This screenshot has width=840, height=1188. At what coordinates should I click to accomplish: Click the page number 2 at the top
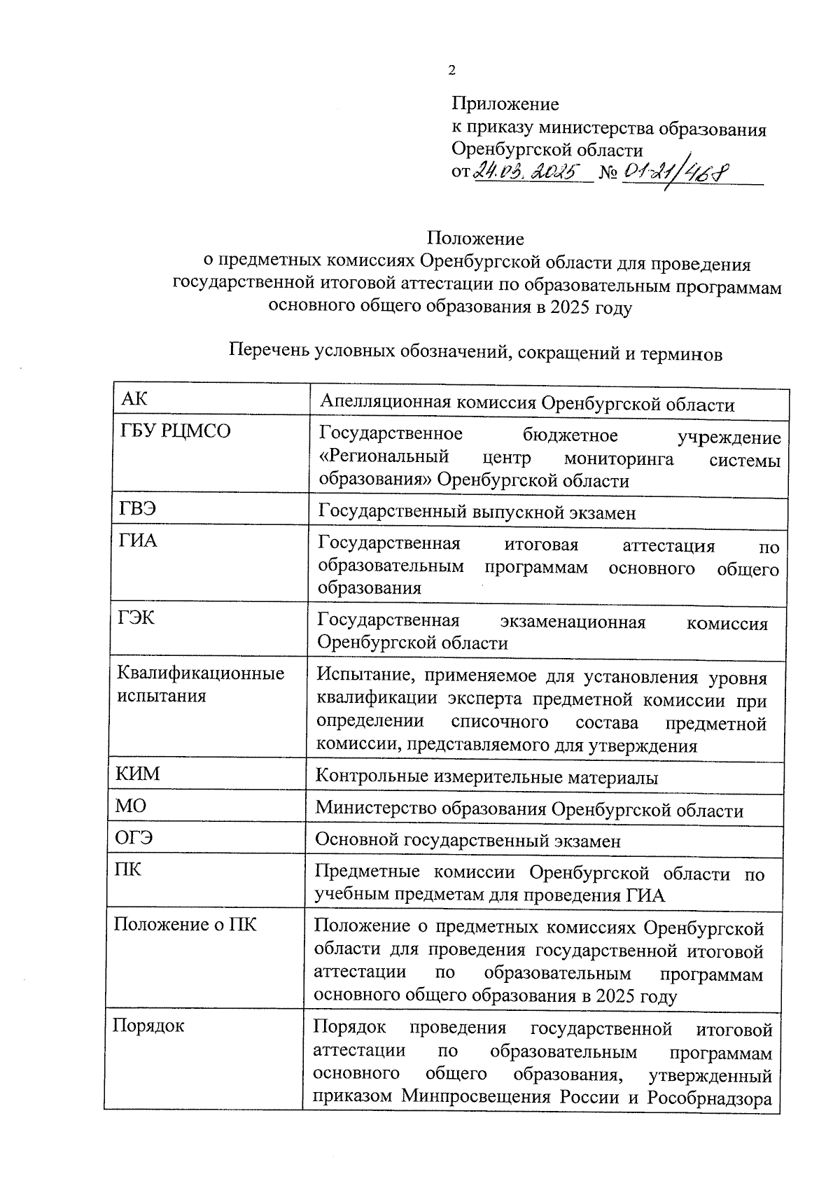pyautogui.click(x=451, y=70)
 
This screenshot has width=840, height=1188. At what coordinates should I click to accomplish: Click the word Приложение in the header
pyautogui.click(x=505, y=104)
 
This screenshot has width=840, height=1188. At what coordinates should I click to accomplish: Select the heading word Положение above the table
pyautogui.click(x=475, y=239)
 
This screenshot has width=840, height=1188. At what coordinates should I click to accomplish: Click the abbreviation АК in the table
pyautogui.click(x=134, y=400)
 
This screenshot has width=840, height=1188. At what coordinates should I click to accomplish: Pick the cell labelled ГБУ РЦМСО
pyautogui.click(x=176, y=431)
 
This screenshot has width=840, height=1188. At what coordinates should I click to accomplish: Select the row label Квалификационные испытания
pyautogui.click(x=200, y=684)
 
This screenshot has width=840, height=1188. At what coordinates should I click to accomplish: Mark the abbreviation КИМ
pyautogui.click(x=137, y=774)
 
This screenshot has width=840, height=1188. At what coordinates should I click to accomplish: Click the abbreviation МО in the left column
pyautogui.click(x=131, y=806)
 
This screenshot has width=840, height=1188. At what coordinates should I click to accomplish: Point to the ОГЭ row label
pyautogui.click(x=134, y=837)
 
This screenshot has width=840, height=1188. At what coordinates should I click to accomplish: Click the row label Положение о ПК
pyautogui.click(x=185, y=924)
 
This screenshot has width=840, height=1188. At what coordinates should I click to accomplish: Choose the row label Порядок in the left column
pyautogui.click(x=148, y=1026)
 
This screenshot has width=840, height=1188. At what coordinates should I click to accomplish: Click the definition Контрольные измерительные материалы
pyautogui.click(x=486, y=777)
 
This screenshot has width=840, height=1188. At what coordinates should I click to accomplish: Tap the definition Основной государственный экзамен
pyautogui.click(x=468, y=840)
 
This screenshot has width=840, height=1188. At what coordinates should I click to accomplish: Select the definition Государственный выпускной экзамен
pyautogui.click(x=477, y=512)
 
